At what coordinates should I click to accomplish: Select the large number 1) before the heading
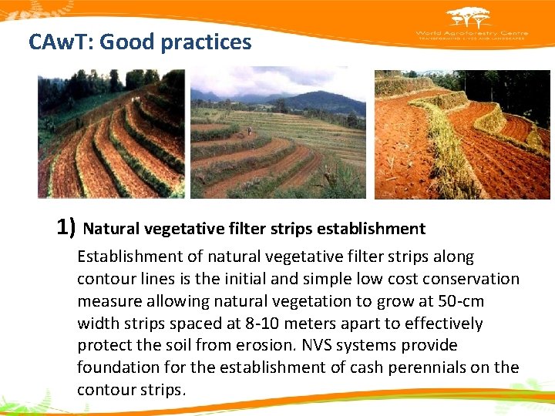point(66,227)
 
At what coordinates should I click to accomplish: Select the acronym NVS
point(325,346)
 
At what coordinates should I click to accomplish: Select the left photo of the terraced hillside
point(111,135)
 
